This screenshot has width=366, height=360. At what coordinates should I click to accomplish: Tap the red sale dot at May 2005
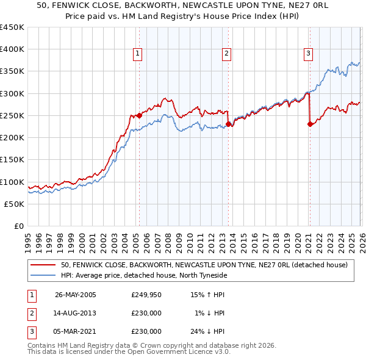(139, 115)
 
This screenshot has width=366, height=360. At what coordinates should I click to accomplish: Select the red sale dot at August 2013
(229, 124)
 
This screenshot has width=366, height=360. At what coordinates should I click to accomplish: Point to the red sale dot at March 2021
(310, 124)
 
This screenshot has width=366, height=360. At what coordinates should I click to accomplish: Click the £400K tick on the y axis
(12, 49)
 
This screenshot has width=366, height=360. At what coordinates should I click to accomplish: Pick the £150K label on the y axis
(12, 160)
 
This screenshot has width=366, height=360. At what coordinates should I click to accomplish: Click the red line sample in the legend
(43, 265)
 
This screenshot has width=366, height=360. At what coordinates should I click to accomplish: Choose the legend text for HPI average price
(143, 275)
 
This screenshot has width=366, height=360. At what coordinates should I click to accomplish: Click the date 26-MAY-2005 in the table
(76, 295)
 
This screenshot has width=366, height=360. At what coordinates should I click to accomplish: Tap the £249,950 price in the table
(146, 295)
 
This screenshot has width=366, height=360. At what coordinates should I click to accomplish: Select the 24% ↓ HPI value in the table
(207, 331)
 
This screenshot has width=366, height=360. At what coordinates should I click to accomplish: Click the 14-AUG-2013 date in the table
(76, 313)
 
